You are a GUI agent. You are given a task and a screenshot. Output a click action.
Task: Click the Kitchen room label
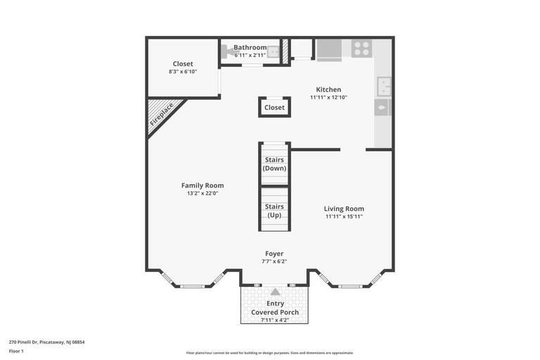pyautogui.click(x=328, y=89)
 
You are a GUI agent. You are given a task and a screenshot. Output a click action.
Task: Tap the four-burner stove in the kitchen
pyautogui.click(x=361, y=49)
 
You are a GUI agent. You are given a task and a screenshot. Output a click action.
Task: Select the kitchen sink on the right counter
pyautogui.click(x=384, y=86)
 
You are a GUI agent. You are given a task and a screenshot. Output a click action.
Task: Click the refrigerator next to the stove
pyautogui.click(x=328, y=50)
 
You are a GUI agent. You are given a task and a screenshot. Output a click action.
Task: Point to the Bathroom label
pyautogui.click(x=250, y=47)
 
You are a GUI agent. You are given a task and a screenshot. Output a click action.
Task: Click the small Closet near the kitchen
pyautogui.click(x=274, y=108)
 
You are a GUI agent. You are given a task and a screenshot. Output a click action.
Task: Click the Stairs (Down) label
pyautogui.click(x=274, y=164)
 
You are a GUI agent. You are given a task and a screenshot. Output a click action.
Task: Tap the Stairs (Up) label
pyautogui.click(x=274, y=210)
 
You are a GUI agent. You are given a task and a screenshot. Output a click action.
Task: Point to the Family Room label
pyautogui.click(x=202, y=186)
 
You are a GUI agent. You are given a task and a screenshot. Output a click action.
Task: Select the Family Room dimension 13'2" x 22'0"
pyautogui.click(x=202, y=193)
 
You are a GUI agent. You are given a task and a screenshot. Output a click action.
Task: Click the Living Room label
pyautogui.click(x=344, y=208)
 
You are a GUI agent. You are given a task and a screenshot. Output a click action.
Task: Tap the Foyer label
pyautogui.click(x=274, y=253)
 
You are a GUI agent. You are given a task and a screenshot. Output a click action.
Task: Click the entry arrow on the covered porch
pyautogui.click(x=275, y=291)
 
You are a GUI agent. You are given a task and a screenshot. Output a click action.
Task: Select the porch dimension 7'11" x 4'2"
pyautogui.click(x=275, y=320)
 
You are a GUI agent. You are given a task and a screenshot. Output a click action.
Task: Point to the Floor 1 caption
pyautogui.click(x=16, y=351)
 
